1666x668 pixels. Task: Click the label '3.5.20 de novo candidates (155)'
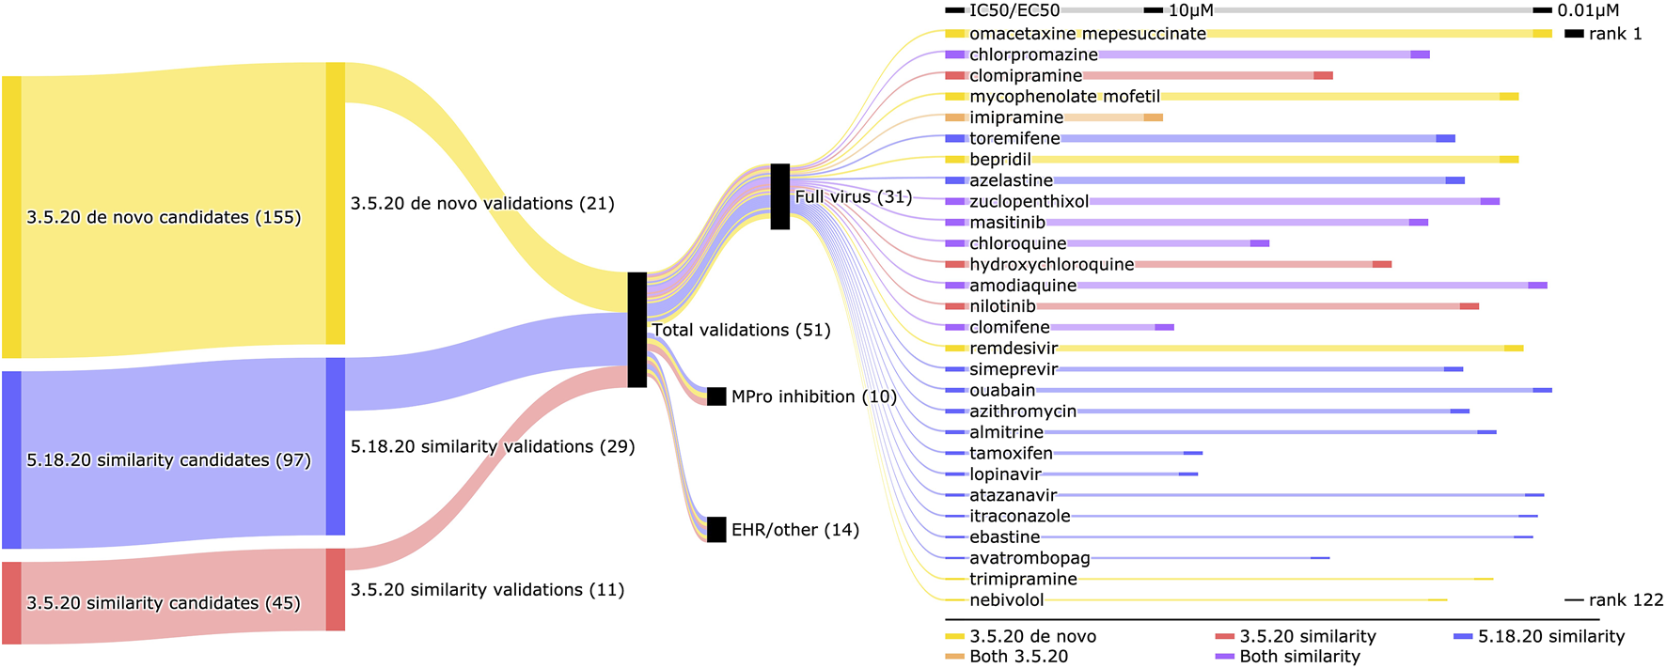pos(164,217)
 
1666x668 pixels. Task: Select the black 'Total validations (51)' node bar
pos(637,329)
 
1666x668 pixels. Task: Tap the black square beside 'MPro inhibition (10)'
pos(716,396)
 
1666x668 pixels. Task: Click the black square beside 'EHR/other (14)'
pos(716,529)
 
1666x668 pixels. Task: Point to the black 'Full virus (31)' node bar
pos(779,196)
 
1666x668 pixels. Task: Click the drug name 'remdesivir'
pos(1014,349)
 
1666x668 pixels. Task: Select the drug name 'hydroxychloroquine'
pos(1051,265)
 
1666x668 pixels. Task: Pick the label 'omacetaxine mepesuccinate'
pos(1087,34)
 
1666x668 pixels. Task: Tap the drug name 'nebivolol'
pos(1006,600)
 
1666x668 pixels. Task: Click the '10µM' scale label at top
pos(1190,10)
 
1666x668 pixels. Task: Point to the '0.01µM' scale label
pos(1588,10)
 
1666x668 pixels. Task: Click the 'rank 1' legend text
pos(1615,34)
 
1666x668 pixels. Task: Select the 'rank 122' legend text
pos(1626,600)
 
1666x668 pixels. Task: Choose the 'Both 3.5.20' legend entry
pos(1018,657)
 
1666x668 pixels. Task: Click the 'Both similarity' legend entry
pos(1299,657)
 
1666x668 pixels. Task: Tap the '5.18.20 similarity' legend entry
pos(1550,636)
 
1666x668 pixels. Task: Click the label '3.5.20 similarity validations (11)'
pos(487,590)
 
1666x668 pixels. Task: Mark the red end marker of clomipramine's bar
pos(1323,75)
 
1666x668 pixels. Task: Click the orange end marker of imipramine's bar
pos(1154,117)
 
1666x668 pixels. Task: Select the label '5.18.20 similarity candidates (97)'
pos(168,460)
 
